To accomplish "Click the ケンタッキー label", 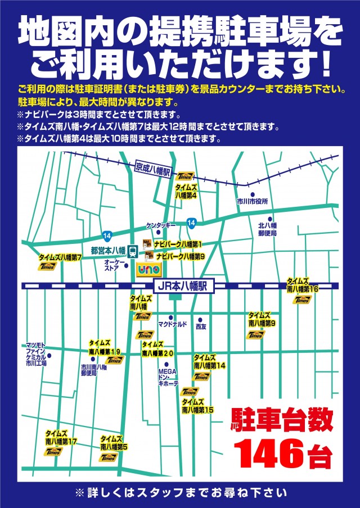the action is tap(161, 225).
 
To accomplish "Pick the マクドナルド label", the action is tap(172, 325).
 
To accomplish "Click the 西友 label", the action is tap(201, 326).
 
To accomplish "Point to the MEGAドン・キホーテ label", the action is tap(168, 377).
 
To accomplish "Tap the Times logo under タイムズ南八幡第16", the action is tap(302, 300).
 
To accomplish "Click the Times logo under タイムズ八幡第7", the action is tap(47, 266).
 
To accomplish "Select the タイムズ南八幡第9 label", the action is tap(262, 320).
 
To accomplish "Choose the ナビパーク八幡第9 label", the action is tap(179, 256).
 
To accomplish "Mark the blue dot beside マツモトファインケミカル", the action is tap(49, 355).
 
